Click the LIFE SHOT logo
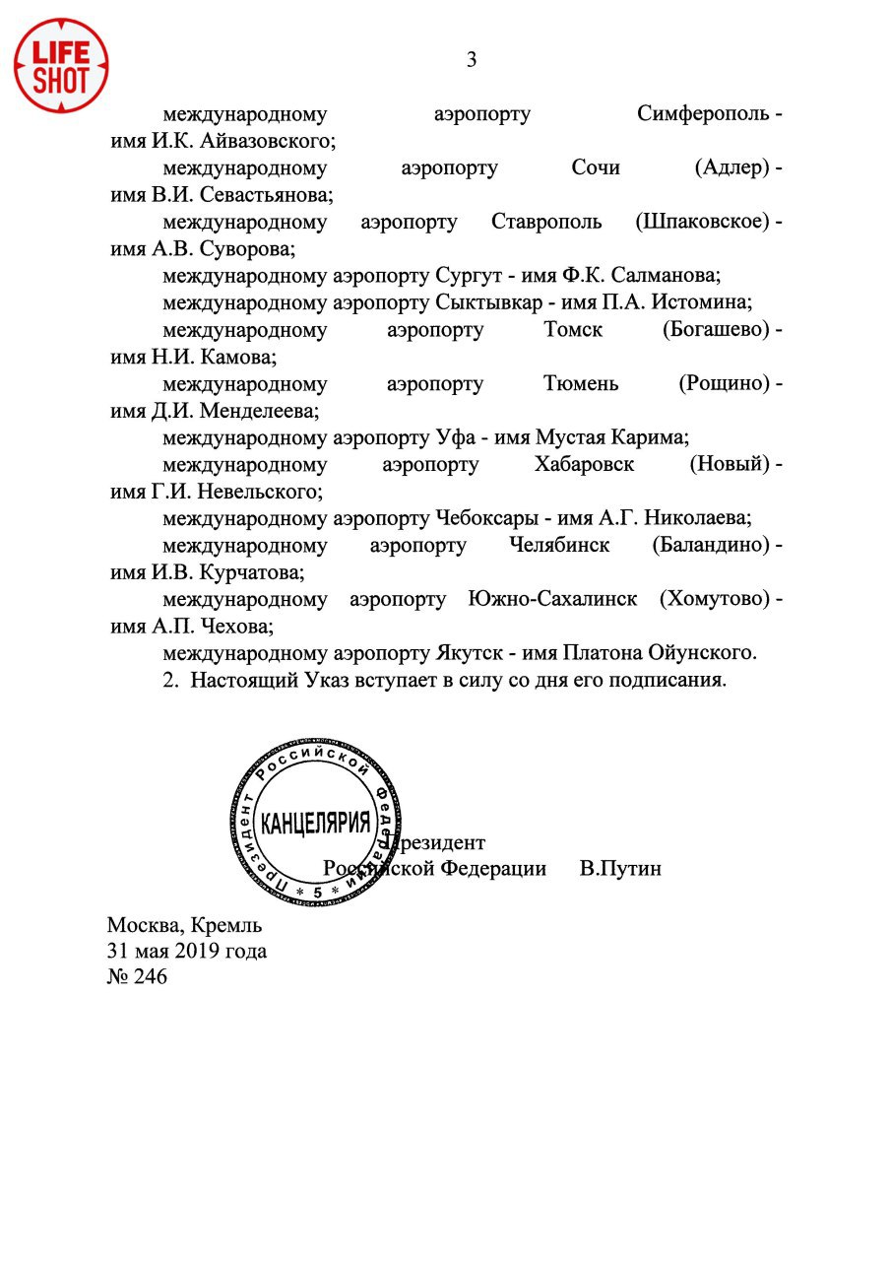pos(60,65)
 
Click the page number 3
pos(472,60)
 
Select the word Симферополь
pos(703,114)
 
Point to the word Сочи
pos(596,168)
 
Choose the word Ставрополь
pos(546,222)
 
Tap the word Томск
pos(573,330)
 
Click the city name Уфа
pos(452,437)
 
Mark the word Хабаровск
pos(585,464)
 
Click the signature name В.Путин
pos(620,869)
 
